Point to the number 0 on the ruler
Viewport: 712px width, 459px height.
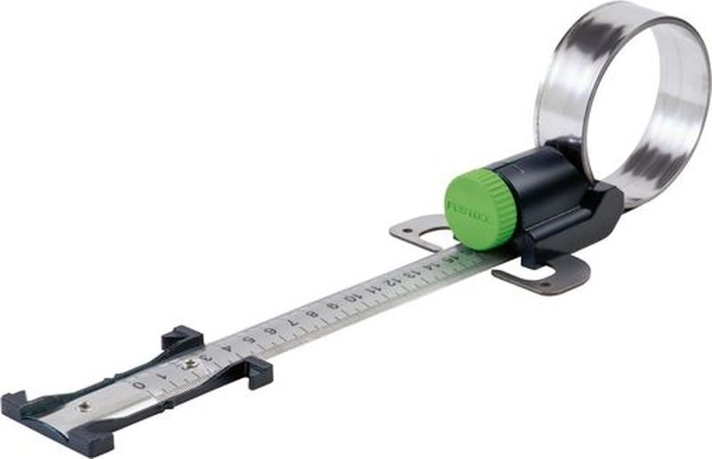click(138, 385)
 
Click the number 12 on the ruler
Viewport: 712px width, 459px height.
click(391, 283)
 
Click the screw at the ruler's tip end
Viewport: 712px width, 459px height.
click(84, 406)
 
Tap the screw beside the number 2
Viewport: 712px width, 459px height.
click(189, 364)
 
